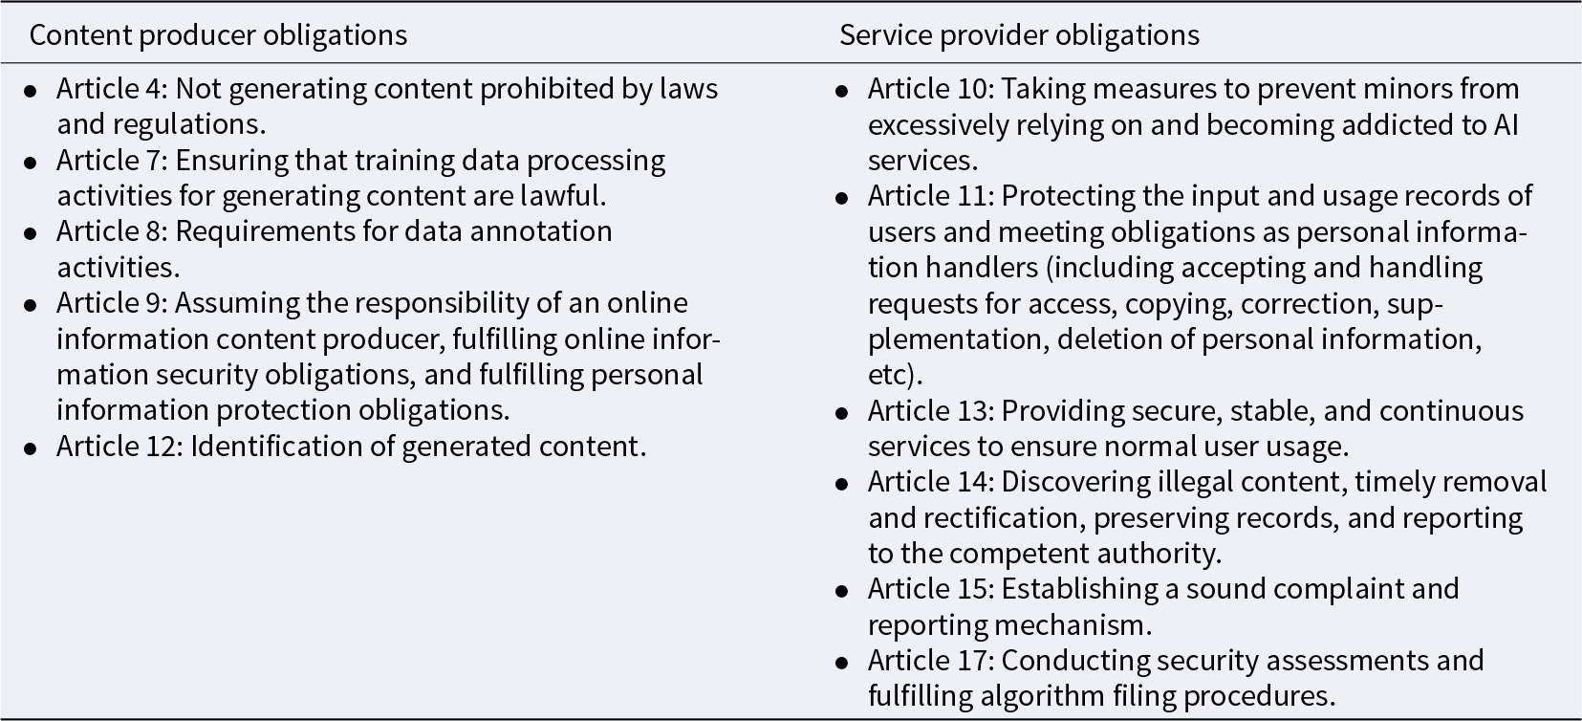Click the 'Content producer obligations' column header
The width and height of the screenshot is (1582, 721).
coord(218,35)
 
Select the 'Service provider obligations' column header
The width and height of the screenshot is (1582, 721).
coord(1019,35)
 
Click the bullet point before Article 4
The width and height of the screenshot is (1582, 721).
coord(32,91)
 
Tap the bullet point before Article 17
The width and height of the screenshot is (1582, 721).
coord(841,663)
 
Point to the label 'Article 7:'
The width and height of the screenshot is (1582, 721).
coord(111,160)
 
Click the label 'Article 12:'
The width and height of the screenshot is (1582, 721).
coord(119,446)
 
